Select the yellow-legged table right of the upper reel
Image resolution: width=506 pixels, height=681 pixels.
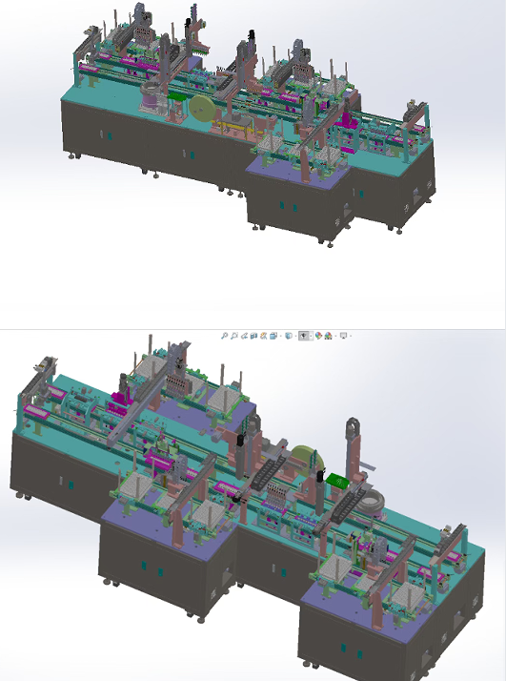pyautogui.click(x=234, y=124)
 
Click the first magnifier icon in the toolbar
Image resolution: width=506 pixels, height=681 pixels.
pyautogui.click(x=225, y=336)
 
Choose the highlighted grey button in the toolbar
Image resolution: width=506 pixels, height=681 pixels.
pyautogui.click(x=303, y=336)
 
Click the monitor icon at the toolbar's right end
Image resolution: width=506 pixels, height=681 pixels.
pyautogui.click(x=344, y=336)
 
